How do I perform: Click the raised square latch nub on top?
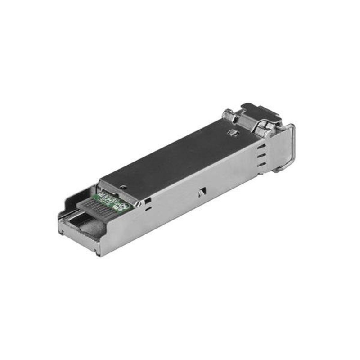pos(233,132)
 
